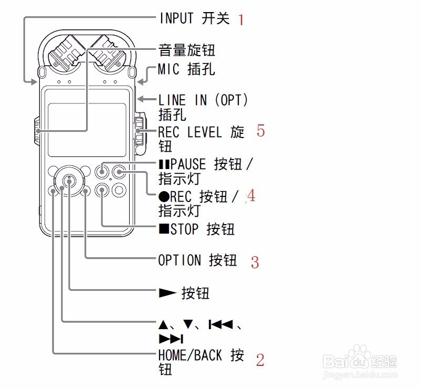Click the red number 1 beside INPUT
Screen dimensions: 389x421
coord(241,20)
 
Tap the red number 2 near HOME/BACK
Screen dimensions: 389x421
coord(260,360)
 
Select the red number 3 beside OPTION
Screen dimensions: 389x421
coord(255,261)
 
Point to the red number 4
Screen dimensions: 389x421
coord(251,196)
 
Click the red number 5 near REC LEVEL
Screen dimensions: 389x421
coord(261,130)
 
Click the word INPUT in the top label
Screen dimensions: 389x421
coord(177,18)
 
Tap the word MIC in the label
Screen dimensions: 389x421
coord(169,69)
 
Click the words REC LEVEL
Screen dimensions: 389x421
coord(190,132)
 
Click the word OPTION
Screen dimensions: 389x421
coord(180,260)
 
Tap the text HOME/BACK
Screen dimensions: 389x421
coord(190,355)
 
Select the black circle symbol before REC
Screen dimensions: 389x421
coord(163,197)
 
